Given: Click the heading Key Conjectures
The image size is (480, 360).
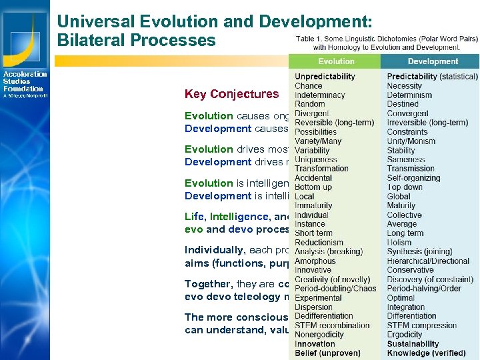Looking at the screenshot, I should [231, 94].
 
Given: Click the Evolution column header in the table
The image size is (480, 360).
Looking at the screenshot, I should [336, 61].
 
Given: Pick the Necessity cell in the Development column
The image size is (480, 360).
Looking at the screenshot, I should [405, 86].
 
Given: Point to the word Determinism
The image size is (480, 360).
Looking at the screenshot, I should [409, 95].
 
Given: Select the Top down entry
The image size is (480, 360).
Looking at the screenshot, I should [404, 187].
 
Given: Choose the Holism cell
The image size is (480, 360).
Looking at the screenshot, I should [400, 243].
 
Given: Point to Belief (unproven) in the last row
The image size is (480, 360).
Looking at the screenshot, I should [327, 353].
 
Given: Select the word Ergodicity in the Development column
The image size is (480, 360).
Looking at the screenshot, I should [405, 335].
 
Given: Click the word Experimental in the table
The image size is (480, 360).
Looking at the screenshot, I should [318, 298].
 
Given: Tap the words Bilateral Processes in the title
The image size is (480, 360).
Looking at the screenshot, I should [137, 40].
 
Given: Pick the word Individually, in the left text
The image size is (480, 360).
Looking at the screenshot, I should [214, 251].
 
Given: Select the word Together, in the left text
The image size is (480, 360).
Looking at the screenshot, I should [207, 284].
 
